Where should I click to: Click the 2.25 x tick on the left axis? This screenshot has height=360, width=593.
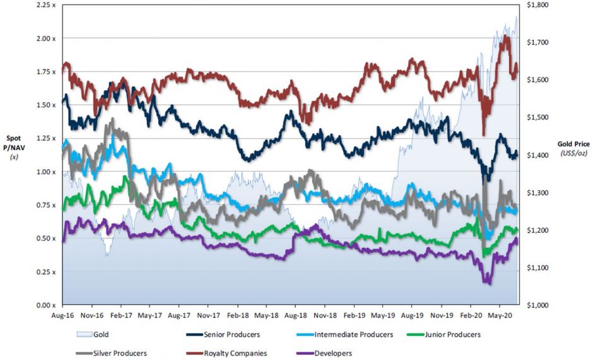click(45, 5)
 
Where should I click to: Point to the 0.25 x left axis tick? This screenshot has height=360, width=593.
click(45, 272)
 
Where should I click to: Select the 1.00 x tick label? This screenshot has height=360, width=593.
click(45, 171)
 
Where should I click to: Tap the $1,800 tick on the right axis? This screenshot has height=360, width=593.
click(534, 5)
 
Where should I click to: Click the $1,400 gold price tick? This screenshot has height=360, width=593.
click(534, 155)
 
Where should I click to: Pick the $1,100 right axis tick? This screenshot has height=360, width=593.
click(534, 268)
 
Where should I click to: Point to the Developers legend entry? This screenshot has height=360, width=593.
click(332, 353)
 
